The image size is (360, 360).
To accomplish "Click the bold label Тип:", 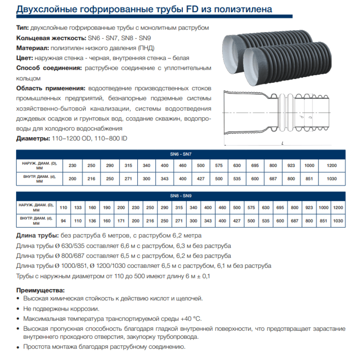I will tap(23, 28).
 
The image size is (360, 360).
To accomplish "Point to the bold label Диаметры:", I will tap(33, 138).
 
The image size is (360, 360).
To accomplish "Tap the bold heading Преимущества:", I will tap(41, 290).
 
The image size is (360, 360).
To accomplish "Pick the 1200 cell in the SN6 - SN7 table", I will tap(332, 166).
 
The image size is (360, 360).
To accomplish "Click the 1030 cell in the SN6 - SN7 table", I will tap(332, 179).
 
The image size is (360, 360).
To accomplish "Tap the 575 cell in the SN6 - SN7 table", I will tap(219, 166).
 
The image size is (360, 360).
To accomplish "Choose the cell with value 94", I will tap(63, 220).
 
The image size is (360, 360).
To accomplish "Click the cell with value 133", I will tap(78, 208).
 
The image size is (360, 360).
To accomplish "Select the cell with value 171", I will tap(121, 220).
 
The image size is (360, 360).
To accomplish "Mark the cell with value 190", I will tap(107, 208).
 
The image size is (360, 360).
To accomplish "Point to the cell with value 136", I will tap(93, 220).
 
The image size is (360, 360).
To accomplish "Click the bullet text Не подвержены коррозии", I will tap(61, 309).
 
